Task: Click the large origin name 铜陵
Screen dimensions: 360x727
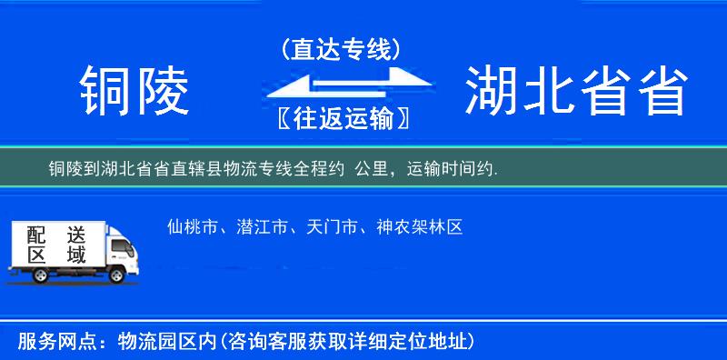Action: [x=134, y=91]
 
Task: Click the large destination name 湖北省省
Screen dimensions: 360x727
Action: [x=575, y=91]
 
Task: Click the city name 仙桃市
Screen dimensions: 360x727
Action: [x=192, y=226]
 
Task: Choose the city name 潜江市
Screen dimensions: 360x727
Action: [x=261, y=226]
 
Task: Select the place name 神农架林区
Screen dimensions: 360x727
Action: [x=420, y=226]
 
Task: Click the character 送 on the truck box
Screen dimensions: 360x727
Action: [x=75, y=233]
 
